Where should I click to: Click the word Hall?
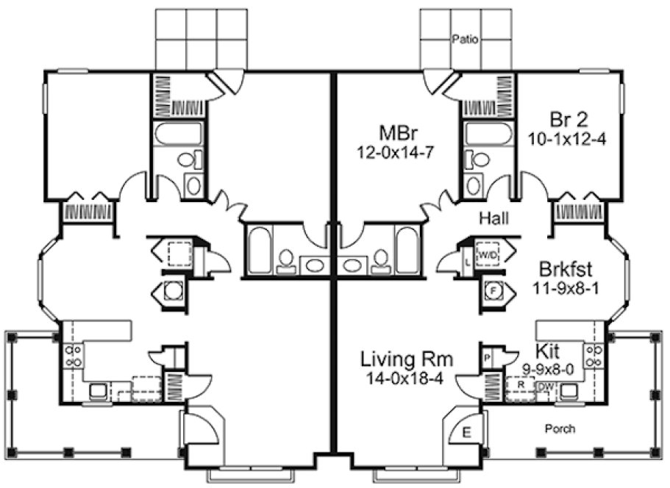[495, 218]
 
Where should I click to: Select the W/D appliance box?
[488, 254]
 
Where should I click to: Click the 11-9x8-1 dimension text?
[566, 287]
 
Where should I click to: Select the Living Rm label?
[406, 360]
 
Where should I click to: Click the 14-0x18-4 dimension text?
[406, 378]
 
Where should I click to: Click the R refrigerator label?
[519, 384]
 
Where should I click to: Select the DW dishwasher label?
[545, 386]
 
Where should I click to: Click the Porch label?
[560, 428]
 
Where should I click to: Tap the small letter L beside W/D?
[468, 261]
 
